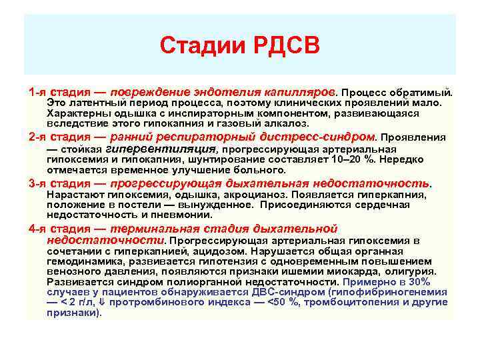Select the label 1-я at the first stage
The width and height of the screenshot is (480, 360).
[x=38, y=90]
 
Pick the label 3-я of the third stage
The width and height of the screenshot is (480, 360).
[x=38, y=183]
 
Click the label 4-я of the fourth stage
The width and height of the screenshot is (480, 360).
[x=38, y=229]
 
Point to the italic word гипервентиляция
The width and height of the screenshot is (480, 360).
[x=169, y=149]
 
